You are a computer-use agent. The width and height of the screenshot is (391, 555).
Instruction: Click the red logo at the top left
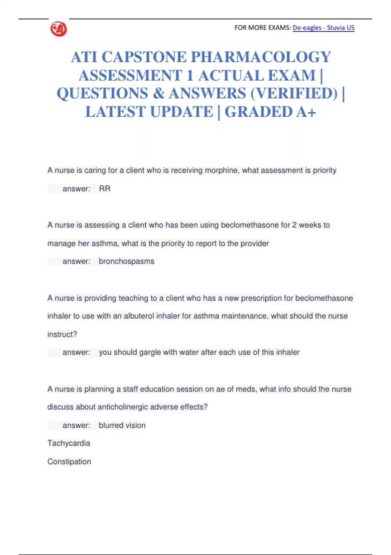[59, 29]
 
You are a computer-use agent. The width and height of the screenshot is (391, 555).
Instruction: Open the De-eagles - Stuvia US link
[323, 28]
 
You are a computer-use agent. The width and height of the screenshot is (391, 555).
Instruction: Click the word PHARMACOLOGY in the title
[261, 57]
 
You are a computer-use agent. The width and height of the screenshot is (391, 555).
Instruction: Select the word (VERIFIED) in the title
[294, 94]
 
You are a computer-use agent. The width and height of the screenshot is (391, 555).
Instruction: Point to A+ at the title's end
[306, 112]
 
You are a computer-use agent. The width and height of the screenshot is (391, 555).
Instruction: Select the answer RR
[105, 189]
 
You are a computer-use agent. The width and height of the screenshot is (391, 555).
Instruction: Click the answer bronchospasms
[126, 262]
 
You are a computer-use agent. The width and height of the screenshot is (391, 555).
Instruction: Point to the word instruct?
[62, 334]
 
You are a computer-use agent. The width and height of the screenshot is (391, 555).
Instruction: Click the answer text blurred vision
[122, 425]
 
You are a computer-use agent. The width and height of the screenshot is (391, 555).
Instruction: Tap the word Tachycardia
[69, 443]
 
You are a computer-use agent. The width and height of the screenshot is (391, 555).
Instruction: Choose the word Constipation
[69, 462]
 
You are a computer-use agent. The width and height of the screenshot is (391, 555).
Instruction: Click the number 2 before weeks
[294, 225]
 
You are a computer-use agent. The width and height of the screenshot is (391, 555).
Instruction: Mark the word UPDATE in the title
[181, 112]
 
